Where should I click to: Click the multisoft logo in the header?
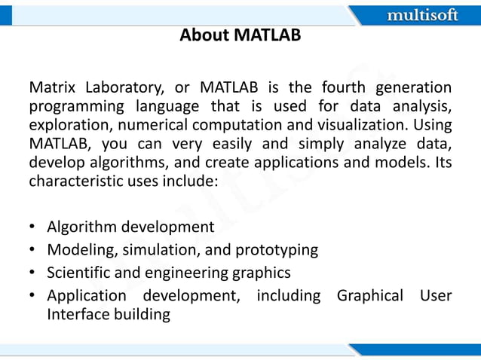(x=421, y=15)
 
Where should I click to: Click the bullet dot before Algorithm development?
(x=34, y=227)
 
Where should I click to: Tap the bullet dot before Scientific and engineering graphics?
(x=34, y=272)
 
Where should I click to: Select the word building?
(x=143, y=314)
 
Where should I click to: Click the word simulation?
(x=155, y=249)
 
